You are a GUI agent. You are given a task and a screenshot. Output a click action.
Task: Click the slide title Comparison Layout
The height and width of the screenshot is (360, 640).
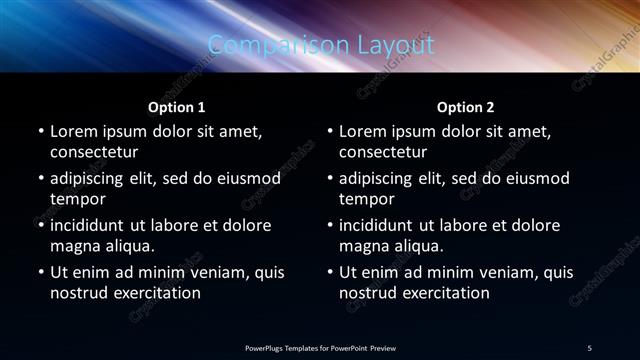point(321,45)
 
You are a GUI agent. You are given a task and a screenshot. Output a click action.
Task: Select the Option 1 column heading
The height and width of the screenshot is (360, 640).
point(177,106)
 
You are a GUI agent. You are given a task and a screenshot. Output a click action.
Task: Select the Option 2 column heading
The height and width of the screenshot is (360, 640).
point(466,106)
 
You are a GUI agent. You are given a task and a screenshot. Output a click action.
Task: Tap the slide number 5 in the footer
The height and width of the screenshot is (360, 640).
point(590,347)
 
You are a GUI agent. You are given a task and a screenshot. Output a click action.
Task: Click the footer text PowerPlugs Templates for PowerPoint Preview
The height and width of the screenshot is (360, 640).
point(320,347)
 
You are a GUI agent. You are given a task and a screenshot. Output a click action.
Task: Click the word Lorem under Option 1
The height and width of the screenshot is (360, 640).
point(73,131)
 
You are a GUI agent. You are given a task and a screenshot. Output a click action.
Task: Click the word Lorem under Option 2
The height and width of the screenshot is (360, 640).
point(362,131)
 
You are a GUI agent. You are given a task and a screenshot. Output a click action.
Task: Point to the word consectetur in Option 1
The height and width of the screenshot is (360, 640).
point(94,152)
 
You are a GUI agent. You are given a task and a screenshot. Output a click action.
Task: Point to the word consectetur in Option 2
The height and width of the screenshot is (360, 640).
point(383,152)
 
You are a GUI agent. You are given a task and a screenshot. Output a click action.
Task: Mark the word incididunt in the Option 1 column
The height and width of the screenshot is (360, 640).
point(93,225)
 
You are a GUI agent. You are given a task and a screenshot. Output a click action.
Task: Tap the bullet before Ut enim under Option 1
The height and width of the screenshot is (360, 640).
point(40,272)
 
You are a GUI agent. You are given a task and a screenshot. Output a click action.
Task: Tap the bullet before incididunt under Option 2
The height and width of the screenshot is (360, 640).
point(329,225)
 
